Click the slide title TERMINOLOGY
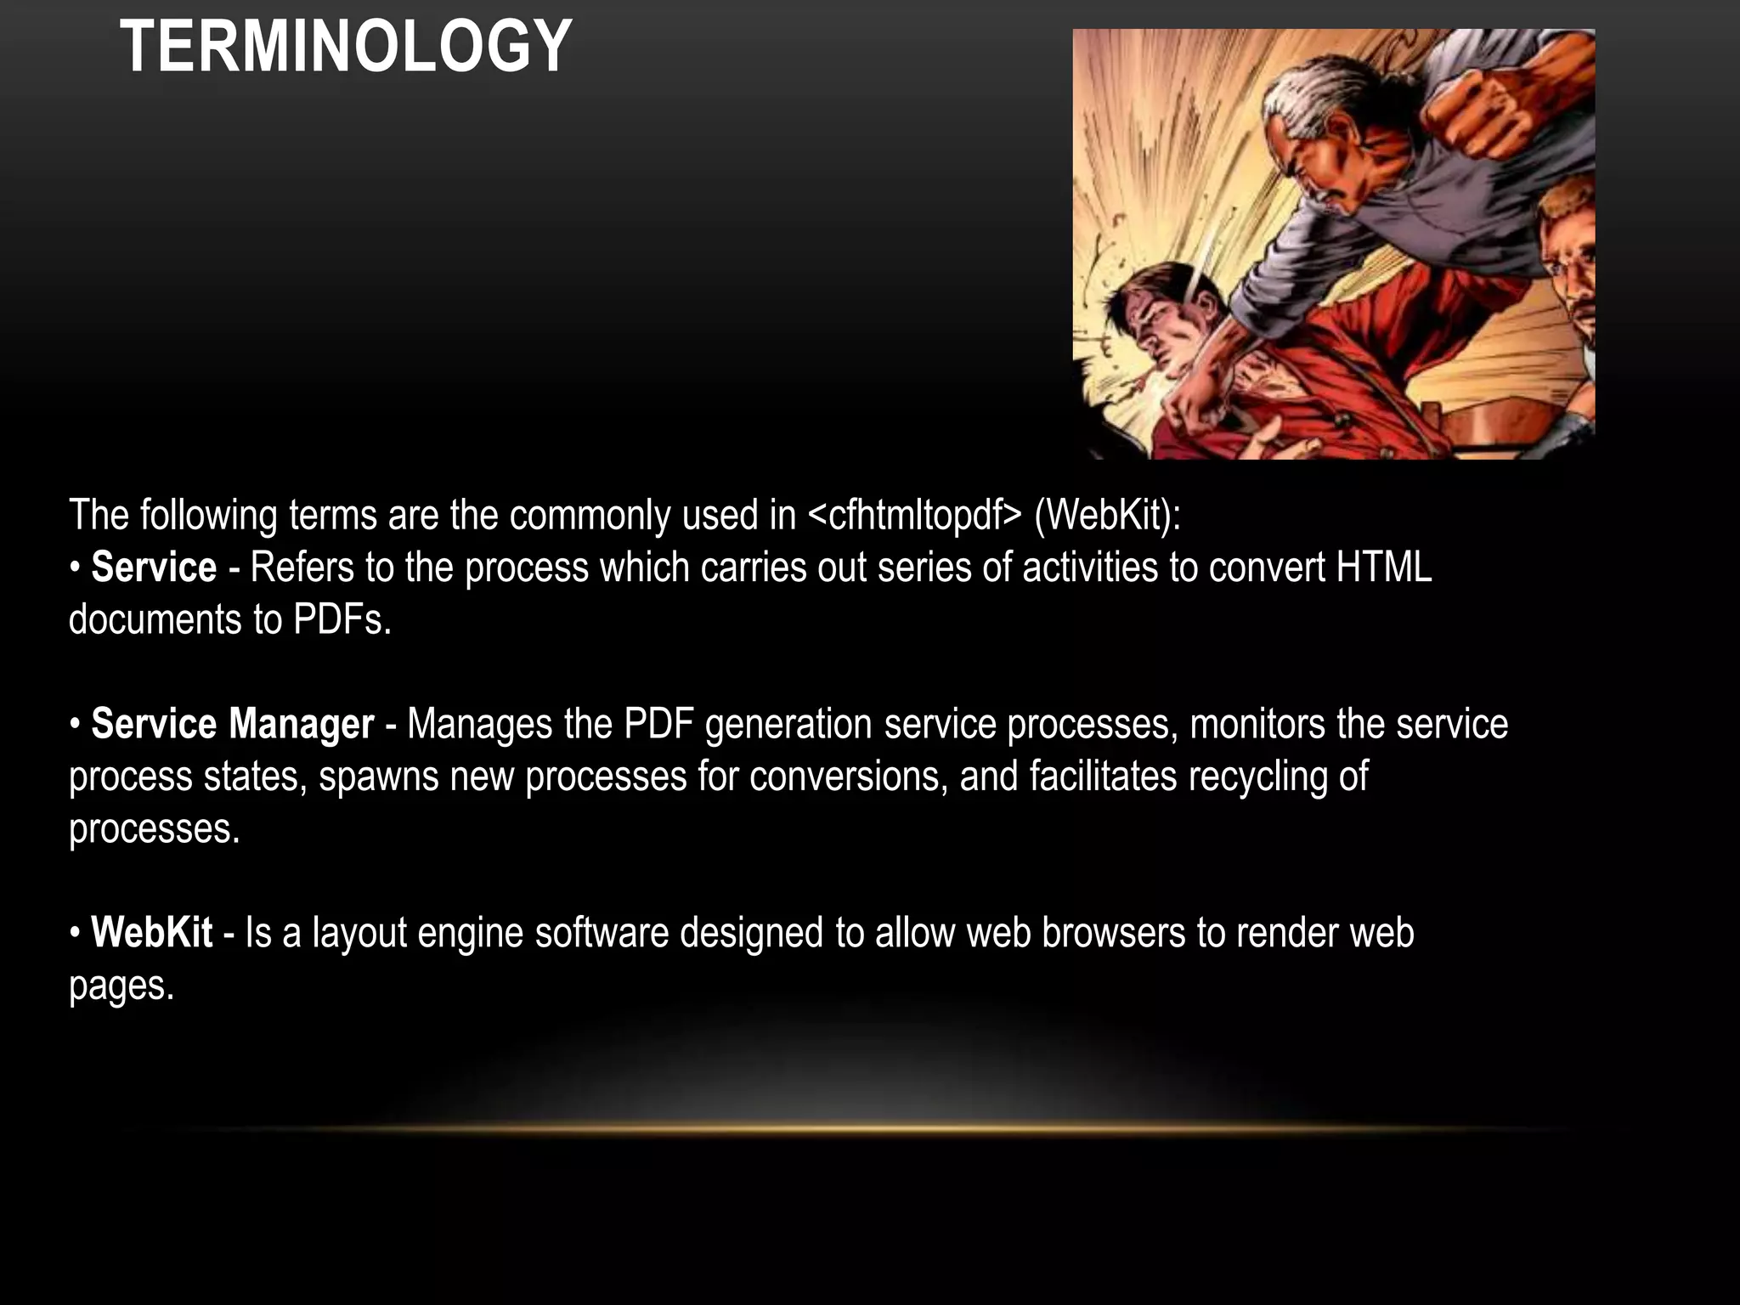pyautogui.click(x=346, y=47)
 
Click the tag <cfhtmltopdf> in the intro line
pyautogui.click(x=914, y=516)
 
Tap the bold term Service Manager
pyautogui.click(x=232, y=725)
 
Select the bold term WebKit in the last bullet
pyautogui.click(x=151, y=933)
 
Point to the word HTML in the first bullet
pyautogui.click(x=1383, y=568)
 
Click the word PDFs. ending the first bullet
pyautogui.click(x=342, y=619)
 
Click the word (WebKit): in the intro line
pyautogui.click(x=1107, y=516)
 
